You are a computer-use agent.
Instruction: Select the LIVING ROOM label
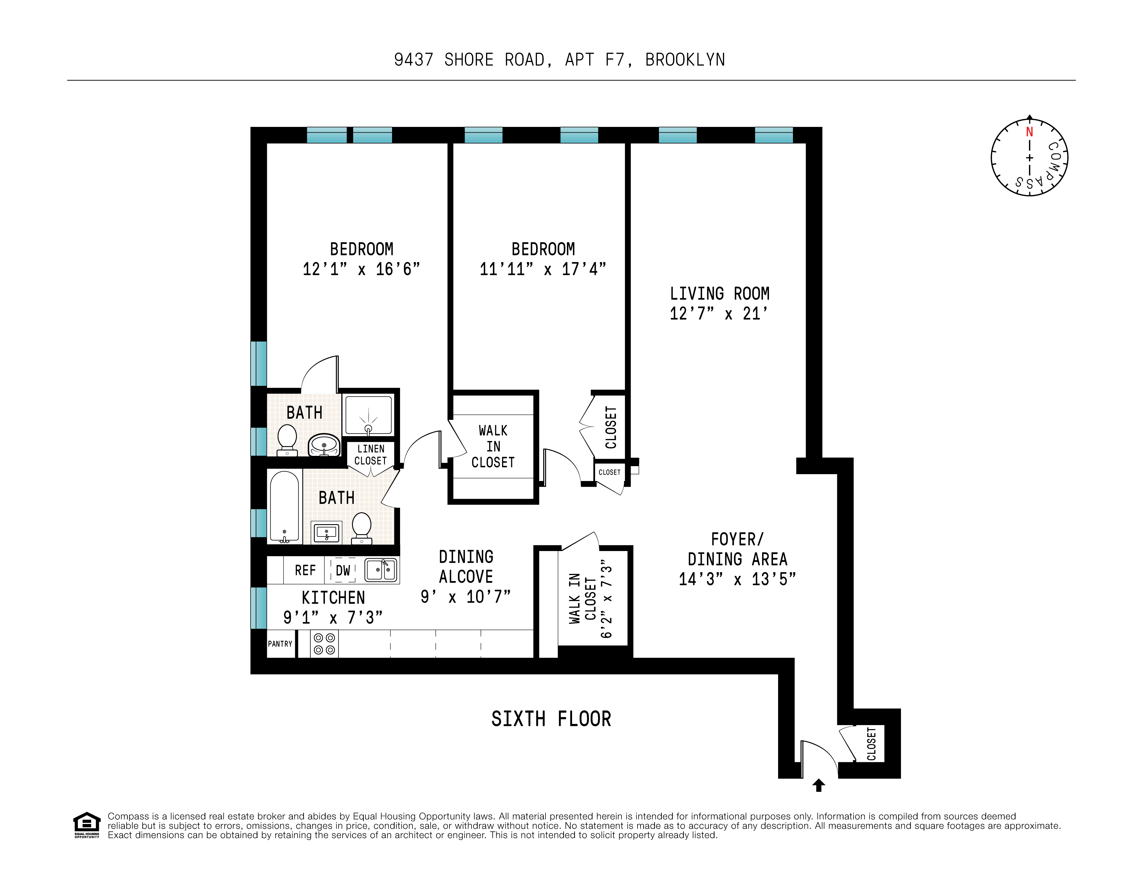tap(720, 294)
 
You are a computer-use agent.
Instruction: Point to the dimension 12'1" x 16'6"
tap(361, 269)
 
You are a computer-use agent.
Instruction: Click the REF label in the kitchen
tap(305, 570)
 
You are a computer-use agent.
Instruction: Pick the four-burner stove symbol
tap(324, 644)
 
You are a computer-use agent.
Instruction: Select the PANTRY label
tap(280, 644)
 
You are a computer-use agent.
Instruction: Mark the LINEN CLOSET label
tap(371, 455)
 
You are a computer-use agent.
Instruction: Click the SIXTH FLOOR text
tap(551, 719)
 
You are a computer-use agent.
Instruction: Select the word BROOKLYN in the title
tap(685, 60)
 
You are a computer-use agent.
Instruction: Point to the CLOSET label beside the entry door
tap(871, 743)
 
